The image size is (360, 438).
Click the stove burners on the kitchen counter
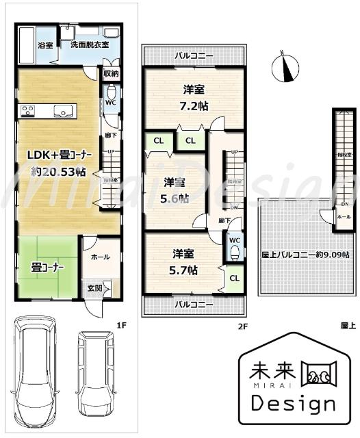pyautogui.click(x=29, y=109)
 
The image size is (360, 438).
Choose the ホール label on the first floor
pyautogui.click(x=99, y=257)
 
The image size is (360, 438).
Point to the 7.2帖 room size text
pyautogui.click(x=194, y=105)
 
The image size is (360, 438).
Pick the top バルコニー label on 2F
pyautogui.click(x=193, y=55)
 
